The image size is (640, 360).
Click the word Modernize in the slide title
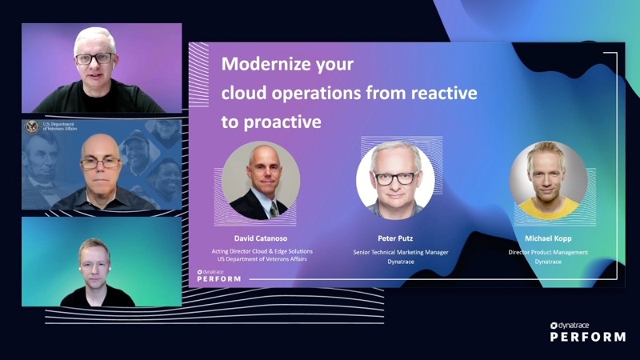pos(263,64)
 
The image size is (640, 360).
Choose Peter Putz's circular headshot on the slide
pos(395,179)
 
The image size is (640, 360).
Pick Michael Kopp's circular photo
pos(548,179)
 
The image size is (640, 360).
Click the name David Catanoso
pos(262,238)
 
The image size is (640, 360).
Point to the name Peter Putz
pos(395,238)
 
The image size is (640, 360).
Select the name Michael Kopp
pos(548,238)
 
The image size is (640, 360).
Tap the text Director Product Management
pos(548,252)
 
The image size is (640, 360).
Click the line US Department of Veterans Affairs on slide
pos(262,259)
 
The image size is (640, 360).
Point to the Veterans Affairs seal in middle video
pos(32,127)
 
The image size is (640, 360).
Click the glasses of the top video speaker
pos(94,58)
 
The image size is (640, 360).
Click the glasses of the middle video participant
pos(100,162)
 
